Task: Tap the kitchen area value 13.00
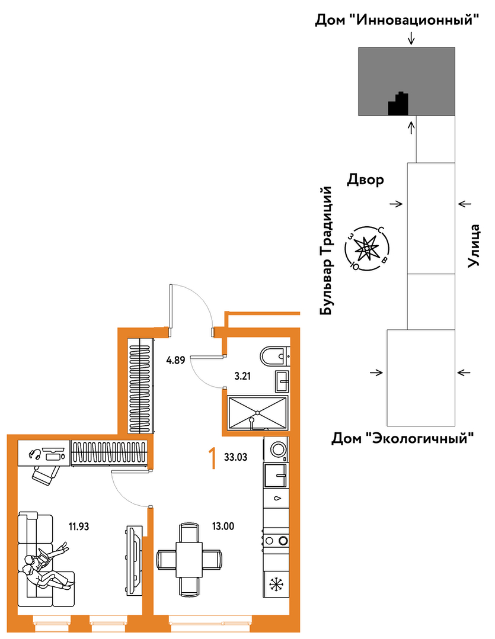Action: (223, 525)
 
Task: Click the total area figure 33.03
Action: (236, 457)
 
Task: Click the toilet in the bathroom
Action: (274, 357)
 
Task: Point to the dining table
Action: (189, 558)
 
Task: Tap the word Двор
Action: (365, 179)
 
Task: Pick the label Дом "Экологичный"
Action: (403, 439)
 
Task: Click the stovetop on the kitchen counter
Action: (276, 540)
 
